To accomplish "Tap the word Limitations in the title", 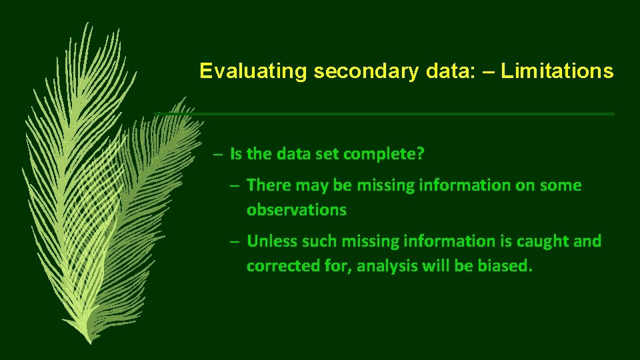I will (557, 71).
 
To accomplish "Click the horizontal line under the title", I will (400, 114).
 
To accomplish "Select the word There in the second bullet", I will (269, 185).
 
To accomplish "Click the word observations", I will (296, 210).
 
